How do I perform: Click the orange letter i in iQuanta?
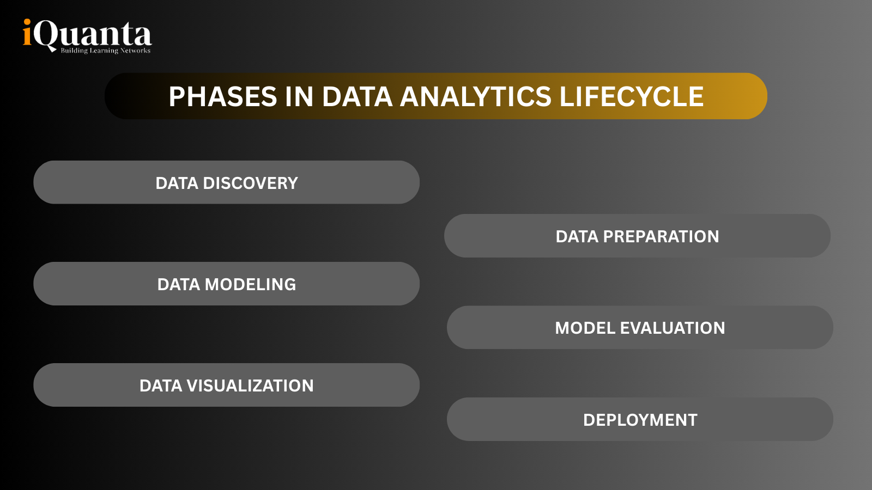coord(27,34)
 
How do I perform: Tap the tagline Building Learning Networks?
coord(105,51)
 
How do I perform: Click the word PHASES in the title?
coord(223,97)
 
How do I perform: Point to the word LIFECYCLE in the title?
coord(631,97)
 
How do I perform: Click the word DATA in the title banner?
coord(357,97)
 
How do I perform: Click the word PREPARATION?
coord(661,237)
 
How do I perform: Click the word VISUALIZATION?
coord(250,386)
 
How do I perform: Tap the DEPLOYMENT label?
coord(640,420)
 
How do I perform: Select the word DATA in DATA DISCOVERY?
coord(177,183)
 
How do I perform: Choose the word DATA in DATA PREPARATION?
coord(577,237)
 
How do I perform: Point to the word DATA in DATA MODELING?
coord(178,285)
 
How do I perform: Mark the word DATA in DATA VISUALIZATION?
coord(161,386)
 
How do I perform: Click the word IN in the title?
coord(299,97)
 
